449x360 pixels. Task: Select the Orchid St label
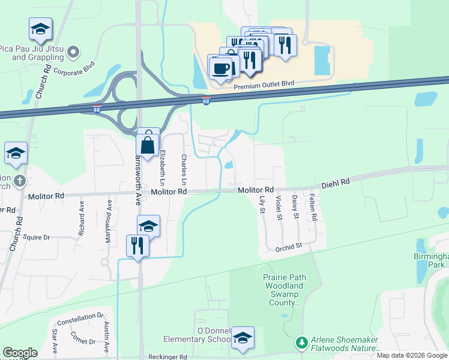(288, 247)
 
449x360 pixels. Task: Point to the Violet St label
(279, 207)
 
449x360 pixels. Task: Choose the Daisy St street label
(295, 206)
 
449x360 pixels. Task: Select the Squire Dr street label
(35, 237)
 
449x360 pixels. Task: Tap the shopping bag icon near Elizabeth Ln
(148, 144)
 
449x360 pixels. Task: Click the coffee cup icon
(220, 68)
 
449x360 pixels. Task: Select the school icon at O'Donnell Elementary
(243, 339)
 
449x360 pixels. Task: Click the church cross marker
(20, 181)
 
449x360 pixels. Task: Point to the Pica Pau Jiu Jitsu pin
(73, 52)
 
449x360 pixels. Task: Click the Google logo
(20, 352)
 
